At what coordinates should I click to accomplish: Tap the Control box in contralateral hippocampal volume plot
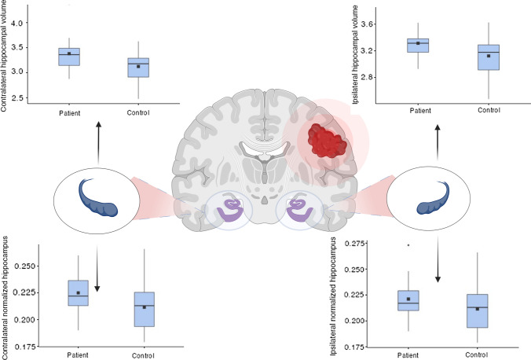[138, 67]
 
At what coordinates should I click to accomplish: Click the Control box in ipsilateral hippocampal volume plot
[488, 57]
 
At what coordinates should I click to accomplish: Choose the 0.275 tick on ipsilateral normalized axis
[353, 243]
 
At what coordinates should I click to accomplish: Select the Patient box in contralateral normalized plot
[79, 292]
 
